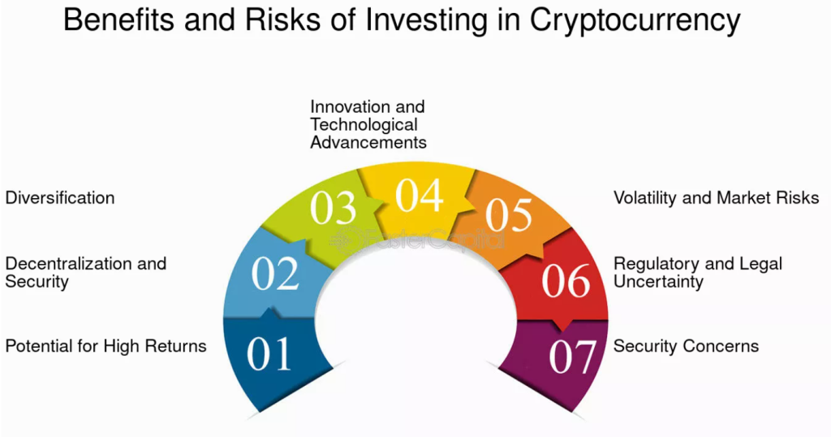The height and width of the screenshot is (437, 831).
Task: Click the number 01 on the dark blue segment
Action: pyautogui.click(x=269, y=353)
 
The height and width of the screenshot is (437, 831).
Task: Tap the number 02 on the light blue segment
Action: pyautogui.click(x=275, y=274)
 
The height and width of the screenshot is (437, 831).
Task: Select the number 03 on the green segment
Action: pyautogui.click(x=333, y=208)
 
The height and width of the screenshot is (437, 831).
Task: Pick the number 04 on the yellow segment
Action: pyautogui.click(x=420, y=195)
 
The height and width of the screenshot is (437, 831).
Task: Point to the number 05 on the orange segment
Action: pyautogui.click(x=509, y=214)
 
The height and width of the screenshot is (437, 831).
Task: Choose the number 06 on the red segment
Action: pyautogui.click(x=566, y=280)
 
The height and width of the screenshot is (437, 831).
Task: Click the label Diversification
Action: pyautogui.click(x=60, y=198)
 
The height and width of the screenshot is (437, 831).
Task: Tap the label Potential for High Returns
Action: pyautogui.click(x=106, y=346)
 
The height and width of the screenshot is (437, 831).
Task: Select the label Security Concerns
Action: pyautogui.click(x=687, y=346)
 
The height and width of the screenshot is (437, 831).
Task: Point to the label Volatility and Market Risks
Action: pyautogui.click(x=717, y=198)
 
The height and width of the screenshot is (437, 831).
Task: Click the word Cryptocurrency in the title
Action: pyautogui.click(x=635, y=20)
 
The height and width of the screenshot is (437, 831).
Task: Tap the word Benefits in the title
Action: pyautogui.click(x=118, y=19)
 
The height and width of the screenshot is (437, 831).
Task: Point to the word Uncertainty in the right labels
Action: pyautogui.click(x=658, y=282)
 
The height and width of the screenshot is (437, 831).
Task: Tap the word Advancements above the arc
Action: pyautogui.click(x=368, y=142)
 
